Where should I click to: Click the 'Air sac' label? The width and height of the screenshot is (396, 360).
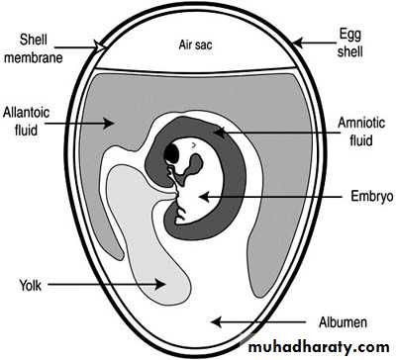tap(195, 45)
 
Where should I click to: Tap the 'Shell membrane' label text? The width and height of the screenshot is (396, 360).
tap(34, 48)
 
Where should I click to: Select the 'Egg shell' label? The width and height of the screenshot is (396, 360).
tap(350, 44)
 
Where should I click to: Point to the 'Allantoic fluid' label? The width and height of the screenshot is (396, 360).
tap(26, 121)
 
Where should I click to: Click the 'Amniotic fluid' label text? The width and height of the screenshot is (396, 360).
tap(361, 132)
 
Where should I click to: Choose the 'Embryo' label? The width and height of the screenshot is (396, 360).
tap(372, 196)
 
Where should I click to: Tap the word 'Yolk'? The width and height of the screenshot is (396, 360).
tap(31, 285)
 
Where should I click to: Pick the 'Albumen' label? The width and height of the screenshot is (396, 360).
tap(343, 322)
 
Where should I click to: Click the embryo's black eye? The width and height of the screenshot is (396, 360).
tap(171, 153)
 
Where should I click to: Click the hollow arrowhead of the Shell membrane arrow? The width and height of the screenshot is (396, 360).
tap(99, 46)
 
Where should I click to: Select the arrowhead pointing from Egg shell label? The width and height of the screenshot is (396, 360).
tap(298, 43)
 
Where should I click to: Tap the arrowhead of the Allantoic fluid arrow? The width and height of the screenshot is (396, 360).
tap(109, 124)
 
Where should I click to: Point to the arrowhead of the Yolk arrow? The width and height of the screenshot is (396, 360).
tap(160, 284)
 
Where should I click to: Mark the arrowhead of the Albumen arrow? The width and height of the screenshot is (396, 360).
tap(216, 321)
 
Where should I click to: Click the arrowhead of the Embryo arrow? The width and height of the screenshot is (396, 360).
tap(205, 197)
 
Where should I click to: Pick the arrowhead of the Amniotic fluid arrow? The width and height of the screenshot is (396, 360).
tap(219, 133)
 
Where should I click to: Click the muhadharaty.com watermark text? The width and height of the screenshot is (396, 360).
tap(319, 348)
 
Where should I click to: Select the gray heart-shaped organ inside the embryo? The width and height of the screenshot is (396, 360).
tap(192, 165)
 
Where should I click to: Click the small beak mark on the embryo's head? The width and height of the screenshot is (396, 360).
tap(194, 144)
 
